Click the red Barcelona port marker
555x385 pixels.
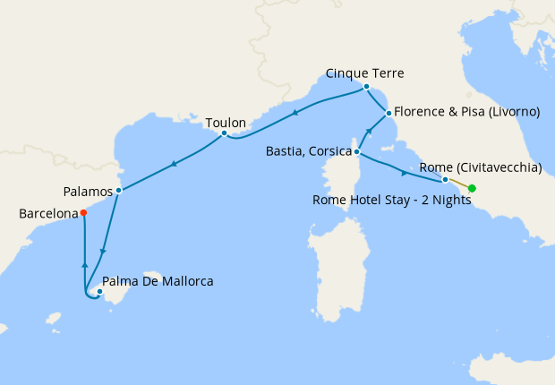click(x=83, y=213)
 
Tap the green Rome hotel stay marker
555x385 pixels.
click(x=472, y=188)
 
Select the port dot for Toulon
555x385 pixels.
click(x=224, y=134)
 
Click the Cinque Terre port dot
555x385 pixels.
click(x=365, y=87)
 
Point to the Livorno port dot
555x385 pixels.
click(x=388, y=114)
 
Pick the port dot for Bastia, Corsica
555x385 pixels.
click(x=356, y=152)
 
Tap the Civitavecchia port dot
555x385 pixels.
click(x=445, y=179)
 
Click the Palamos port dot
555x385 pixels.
click(x=118, y=190)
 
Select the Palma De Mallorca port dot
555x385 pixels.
click(x=100, y=291)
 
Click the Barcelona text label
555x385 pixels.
click(x=47, y=214)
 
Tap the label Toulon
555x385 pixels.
click(x=226, y=122)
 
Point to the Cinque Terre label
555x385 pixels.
click(x=364, y=73)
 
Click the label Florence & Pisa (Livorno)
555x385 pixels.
click(x=468, y=112)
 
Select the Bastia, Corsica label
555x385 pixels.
click(x=308, y=151)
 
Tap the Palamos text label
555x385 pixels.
click(x=89, y=191)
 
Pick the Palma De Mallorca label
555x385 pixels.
click(x=158, y=281)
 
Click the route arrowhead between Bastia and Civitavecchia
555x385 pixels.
click(x=404, y=171)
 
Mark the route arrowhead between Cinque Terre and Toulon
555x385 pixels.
click(x=295, y=113)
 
